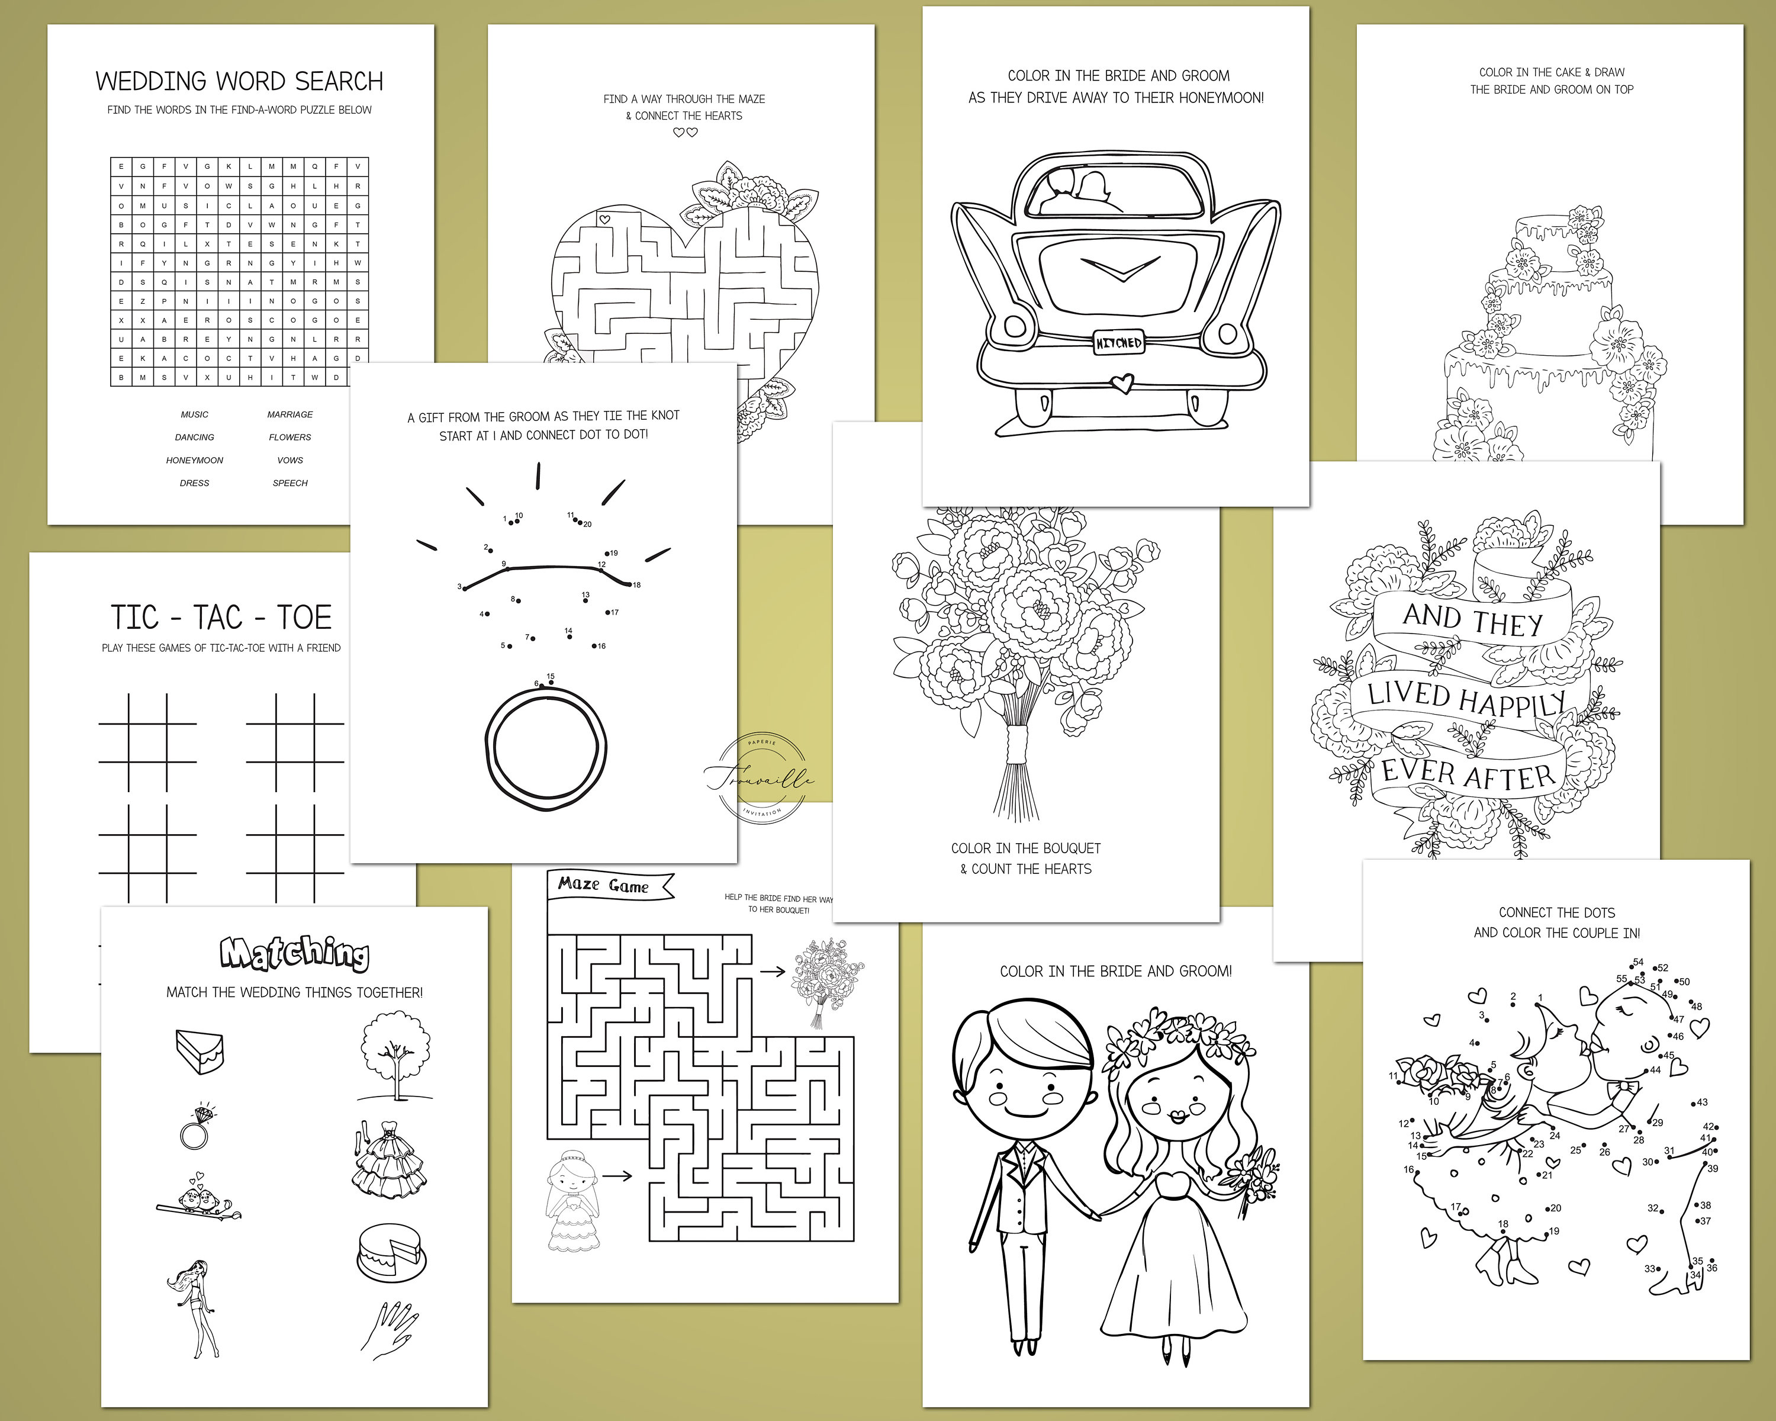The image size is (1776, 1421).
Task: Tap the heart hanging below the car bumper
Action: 1120,383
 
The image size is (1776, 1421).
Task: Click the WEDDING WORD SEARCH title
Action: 239,82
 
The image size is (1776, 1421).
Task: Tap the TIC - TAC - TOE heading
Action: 221,618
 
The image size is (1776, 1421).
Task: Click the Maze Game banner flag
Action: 610,886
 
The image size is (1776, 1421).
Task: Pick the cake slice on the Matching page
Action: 200,1050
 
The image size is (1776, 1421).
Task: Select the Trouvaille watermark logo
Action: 760,777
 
